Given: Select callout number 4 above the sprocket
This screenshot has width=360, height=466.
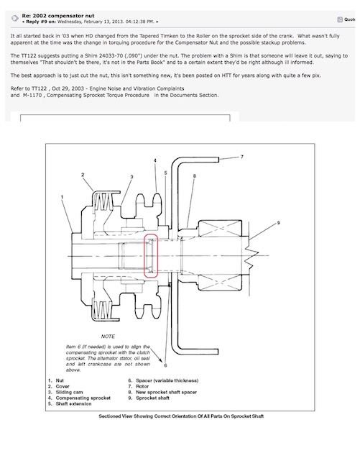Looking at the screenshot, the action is pyautogui.click(x=155, y=160).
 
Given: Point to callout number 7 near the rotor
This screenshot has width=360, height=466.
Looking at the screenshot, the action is pyautogui.click(x=242, y=157).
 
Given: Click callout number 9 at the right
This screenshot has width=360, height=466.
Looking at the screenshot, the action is pyautogui.click(x=278, y=223).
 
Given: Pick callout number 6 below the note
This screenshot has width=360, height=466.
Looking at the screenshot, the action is pyautogui.click(x=165, y=365).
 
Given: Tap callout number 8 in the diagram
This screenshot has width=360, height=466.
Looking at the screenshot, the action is pyautogui.click(x=195, y=176).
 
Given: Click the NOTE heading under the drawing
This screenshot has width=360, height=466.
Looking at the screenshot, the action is pyautogui.click(x=108, y=337).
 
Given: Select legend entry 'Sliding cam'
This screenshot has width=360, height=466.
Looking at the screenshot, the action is pyautogui.click(x=69, y=392).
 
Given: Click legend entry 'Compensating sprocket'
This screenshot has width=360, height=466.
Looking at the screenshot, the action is pyautogui.click(x=83, y=398).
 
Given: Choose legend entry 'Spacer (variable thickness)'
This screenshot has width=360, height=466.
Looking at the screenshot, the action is pyautogui.click(x=167, y=380).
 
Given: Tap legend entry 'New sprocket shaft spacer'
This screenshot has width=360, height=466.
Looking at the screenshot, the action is pyautogui.click(x=166, y=392).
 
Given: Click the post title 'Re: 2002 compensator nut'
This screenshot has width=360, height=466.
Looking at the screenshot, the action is pyautogui.click(x=58, y=16).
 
